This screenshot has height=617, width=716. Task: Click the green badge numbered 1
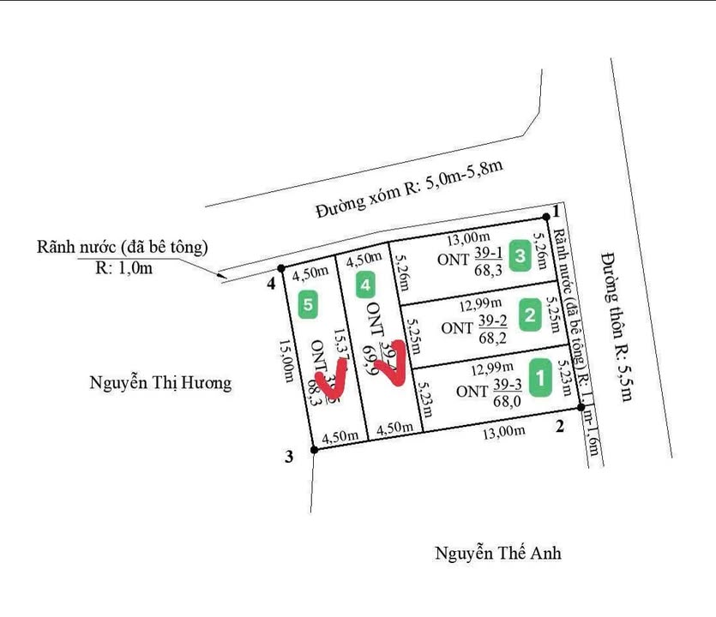point(540,378)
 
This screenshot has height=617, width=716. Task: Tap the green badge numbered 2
point(529,315)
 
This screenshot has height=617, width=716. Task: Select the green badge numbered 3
point(520,255)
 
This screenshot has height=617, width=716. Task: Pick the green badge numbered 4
point(366,284)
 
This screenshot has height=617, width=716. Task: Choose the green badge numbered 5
point(309,303)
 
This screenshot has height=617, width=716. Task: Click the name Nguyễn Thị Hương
point(160,382)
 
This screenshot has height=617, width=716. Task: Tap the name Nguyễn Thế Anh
point(497,554)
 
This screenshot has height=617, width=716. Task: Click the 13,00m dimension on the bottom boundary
point(503,432)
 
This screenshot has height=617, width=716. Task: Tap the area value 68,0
point(506,401)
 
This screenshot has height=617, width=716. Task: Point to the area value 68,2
point(492,338)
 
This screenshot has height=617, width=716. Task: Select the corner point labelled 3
point(290,457)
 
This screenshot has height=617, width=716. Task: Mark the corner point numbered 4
point(271,283)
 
